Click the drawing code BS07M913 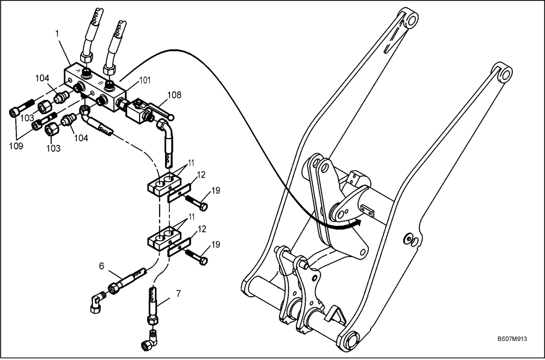pos(512,338)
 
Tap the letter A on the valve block pos(79,71)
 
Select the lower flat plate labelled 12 pos(179,248)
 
